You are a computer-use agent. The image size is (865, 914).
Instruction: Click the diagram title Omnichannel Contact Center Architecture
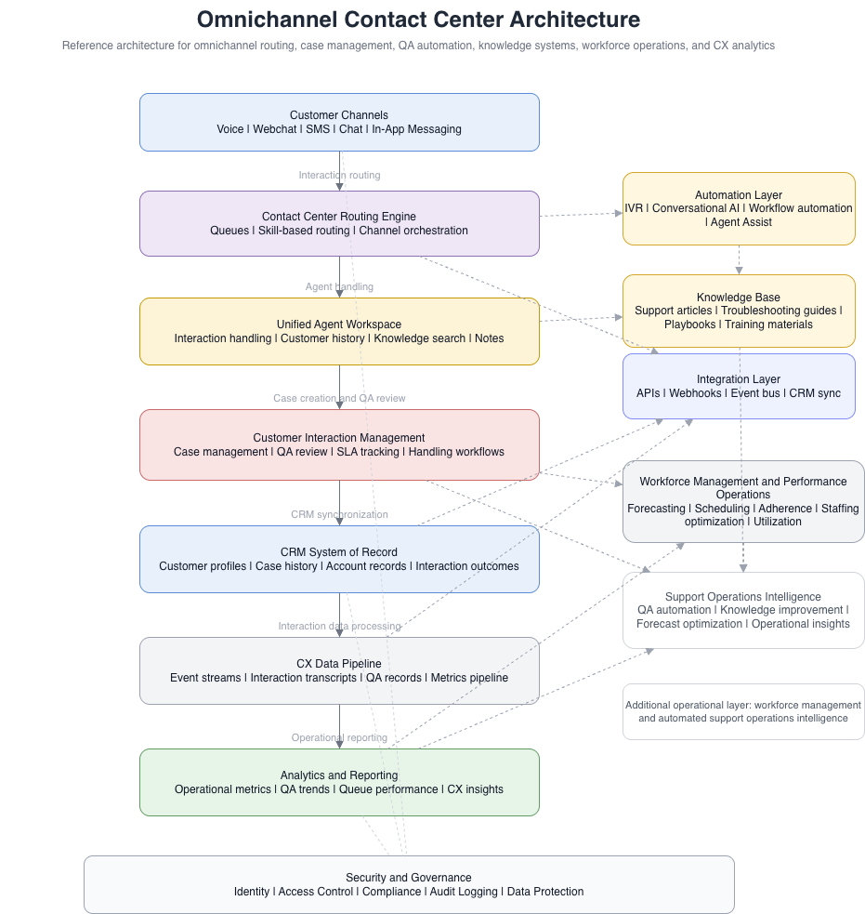(x=418, y=20)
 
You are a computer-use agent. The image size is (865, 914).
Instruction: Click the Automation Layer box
(x=739, y=208)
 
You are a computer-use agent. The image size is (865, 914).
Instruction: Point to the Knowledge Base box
(x=739, y=311)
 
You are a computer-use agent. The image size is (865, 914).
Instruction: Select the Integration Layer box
(x=739, y=386)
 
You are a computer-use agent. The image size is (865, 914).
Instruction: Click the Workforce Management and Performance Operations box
(x=743, y=501)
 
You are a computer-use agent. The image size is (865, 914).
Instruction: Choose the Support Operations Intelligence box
(x=743, y=610)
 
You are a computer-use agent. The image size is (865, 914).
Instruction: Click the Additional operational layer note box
(x=743, y=711)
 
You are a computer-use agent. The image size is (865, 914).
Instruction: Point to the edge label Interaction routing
(x=339, y=175)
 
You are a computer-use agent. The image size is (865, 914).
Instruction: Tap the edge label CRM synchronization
(x=339, y=514)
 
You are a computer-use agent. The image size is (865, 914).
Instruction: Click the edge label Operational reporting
(x=339, y=737)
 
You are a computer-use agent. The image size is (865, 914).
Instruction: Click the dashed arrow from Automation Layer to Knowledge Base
(x=739, y=259)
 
